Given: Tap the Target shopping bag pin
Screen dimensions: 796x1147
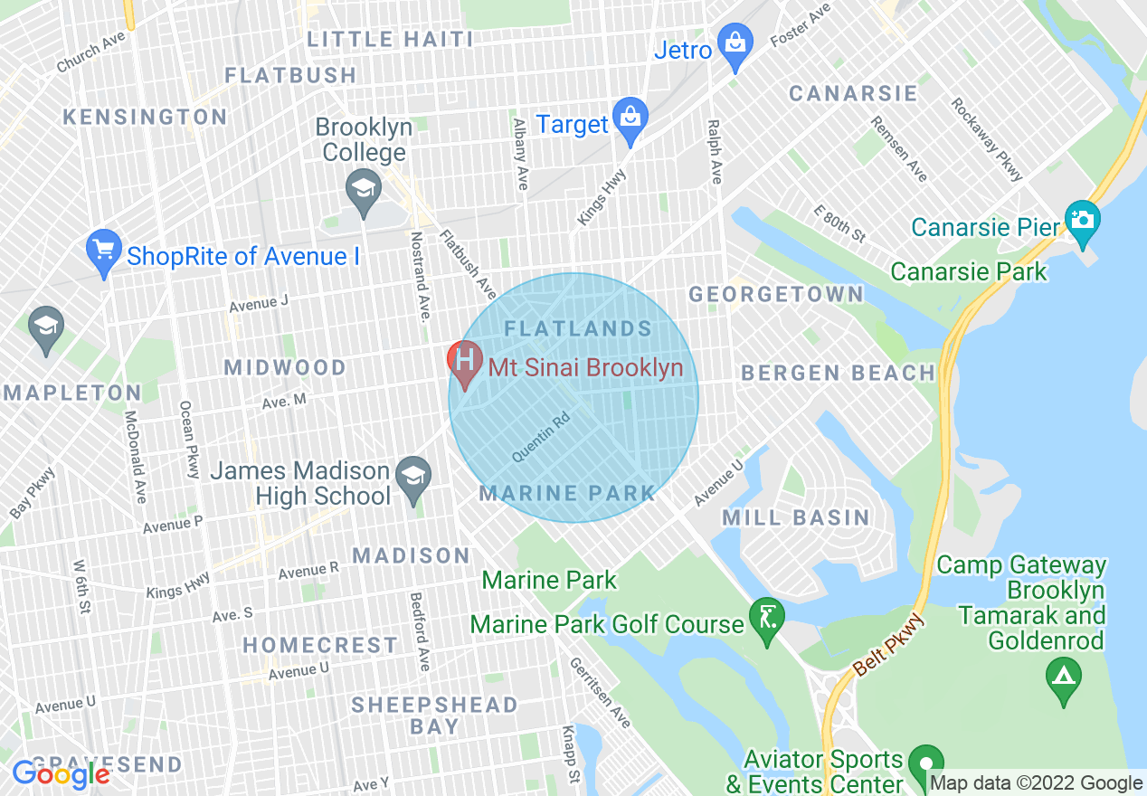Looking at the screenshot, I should [x=630, y=118].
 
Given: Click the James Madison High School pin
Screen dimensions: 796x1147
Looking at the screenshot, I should [x=413, y=478].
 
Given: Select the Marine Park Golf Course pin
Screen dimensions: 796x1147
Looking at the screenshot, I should [x=767, y=620].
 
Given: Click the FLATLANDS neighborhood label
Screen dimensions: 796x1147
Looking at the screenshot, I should [x=578, y=328].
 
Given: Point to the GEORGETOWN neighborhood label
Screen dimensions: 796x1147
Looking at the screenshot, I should [x=776, y=294].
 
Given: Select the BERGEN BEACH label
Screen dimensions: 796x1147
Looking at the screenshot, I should [x=839, y=373].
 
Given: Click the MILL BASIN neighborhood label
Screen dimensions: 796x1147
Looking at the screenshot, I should [x=796, y=517].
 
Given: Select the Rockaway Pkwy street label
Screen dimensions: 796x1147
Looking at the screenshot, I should [x=986, y=139].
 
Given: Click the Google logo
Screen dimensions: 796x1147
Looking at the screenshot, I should [x=61, y=774].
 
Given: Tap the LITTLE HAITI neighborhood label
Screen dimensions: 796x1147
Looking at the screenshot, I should [x=390, y=39].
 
